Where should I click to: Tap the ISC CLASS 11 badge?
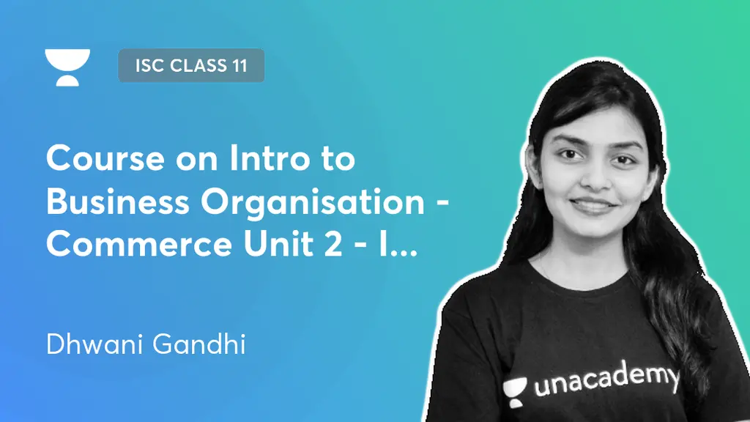click(x=190, y=66)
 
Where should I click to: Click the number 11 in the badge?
click(x=239, y=66)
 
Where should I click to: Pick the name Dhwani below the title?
click(x=95, y=344)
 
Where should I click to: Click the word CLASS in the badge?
click(x=193, y=66)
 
